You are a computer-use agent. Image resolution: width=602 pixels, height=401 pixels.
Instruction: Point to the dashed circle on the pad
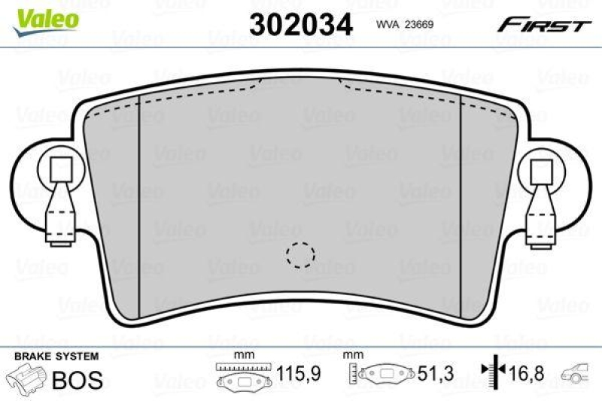[x=301, y=254]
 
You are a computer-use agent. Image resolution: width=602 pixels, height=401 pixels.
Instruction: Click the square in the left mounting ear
[x=59, y=170]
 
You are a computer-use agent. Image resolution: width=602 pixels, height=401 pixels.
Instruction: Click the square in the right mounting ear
[x=542, y=170]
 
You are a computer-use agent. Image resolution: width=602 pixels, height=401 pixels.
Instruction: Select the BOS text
[x=77, y=380]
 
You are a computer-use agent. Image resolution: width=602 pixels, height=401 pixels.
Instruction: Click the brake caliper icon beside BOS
[x=26, y=378]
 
